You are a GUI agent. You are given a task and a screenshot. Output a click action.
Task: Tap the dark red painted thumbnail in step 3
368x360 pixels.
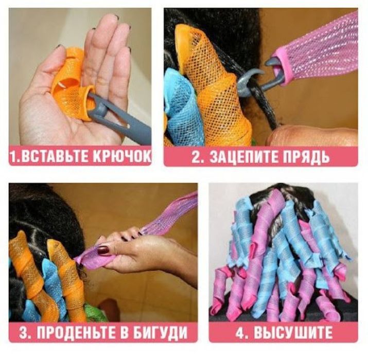coord(103,250)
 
